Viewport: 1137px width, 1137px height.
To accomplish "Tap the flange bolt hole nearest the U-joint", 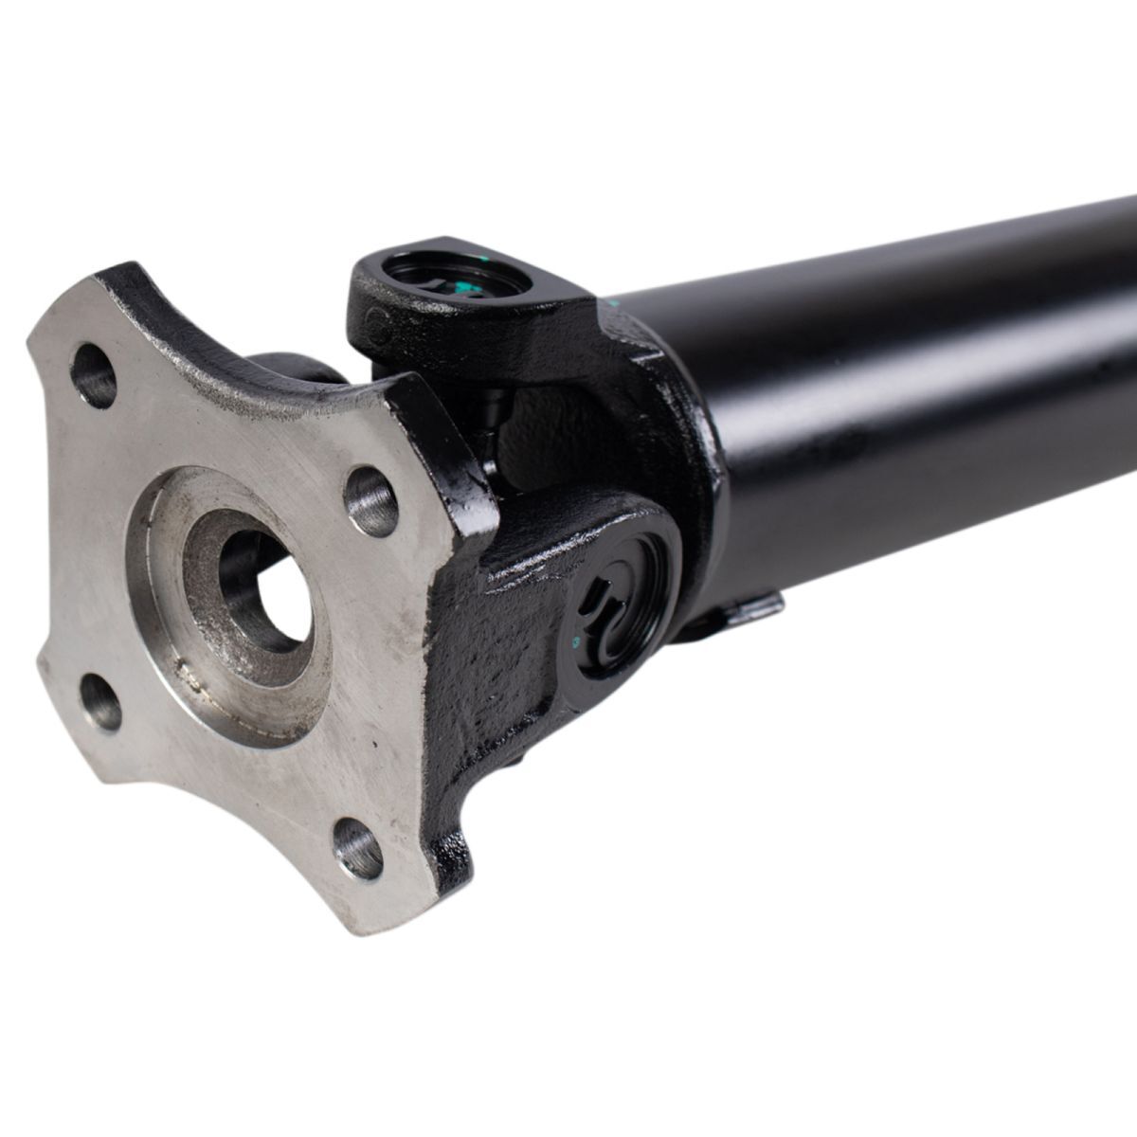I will tap(370, 499).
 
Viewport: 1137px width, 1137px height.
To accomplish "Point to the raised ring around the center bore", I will tap(204, 654).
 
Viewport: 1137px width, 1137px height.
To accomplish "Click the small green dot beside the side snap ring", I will tap(575, 641).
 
